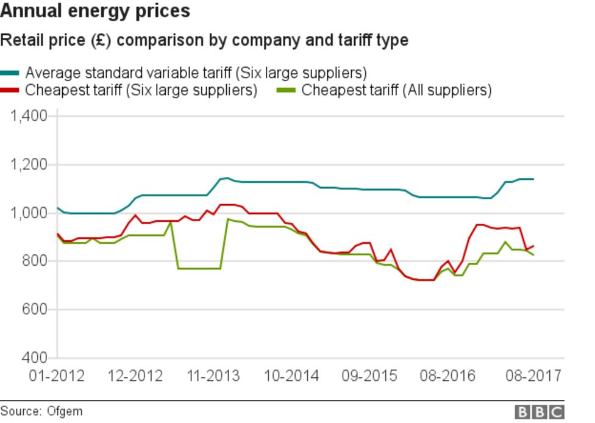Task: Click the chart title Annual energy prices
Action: tap(95, 11)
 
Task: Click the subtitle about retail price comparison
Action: tap(204, 41)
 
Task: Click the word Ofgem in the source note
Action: tap(64, 411)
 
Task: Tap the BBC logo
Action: tap(540, 412)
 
